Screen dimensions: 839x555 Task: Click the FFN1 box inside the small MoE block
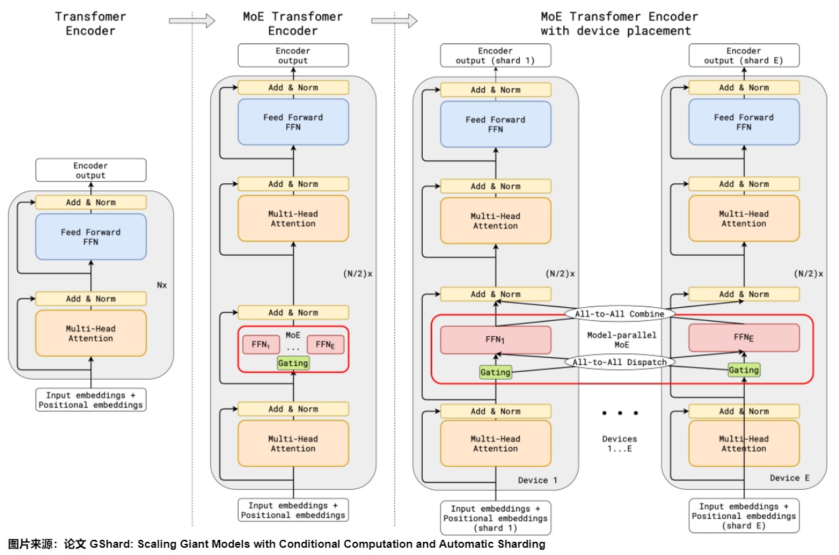tap(261, 345)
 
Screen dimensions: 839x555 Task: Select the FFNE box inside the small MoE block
tap(325, 345)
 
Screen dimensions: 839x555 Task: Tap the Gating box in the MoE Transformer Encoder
tap(293, 363)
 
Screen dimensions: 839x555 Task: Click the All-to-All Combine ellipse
tap(619, 314)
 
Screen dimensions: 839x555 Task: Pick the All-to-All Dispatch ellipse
tap(619, 363)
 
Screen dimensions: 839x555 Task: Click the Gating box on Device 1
tap(495, 372)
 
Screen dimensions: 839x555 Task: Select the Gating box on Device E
tap(744, 370)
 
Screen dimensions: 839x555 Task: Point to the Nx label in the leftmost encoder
tap(162, 285)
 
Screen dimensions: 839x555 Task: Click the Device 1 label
tap(538, 480)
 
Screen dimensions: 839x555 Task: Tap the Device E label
tap(790, 478)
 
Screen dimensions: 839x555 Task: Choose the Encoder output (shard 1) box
tap(495, 56)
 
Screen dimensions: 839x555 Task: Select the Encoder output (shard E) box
tap(744, 56)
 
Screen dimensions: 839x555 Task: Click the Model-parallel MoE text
tap(621, 340)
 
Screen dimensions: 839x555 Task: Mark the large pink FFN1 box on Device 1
tap(495, 340)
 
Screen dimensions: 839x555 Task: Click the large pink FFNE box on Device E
tap(744, 337)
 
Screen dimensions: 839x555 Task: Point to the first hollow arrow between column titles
tap(192, 20)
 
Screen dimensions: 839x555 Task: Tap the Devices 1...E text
tap(619, 444)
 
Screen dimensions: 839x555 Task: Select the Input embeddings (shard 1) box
tap(495, 518)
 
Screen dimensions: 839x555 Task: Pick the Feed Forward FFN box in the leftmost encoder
tap(90, 237)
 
